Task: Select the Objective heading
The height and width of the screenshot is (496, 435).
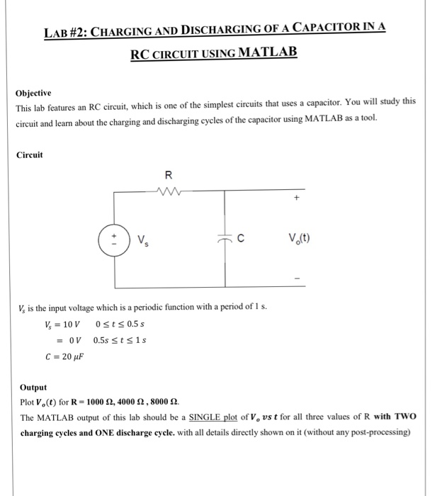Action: [34, 93]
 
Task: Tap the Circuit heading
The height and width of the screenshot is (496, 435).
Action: [29, 154]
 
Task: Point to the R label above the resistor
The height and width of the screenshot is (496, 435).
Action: [168, 174]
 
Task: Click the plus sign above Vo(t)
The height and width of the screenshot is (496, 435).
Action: [298, 200]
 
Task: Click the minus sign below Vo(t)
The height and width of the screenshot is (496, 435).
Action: [298, 276]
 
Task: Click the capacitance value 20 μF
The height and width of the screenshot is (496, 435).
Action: [73, 356]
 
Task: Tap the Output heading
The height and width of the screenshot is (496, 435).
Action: [33, 388]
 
